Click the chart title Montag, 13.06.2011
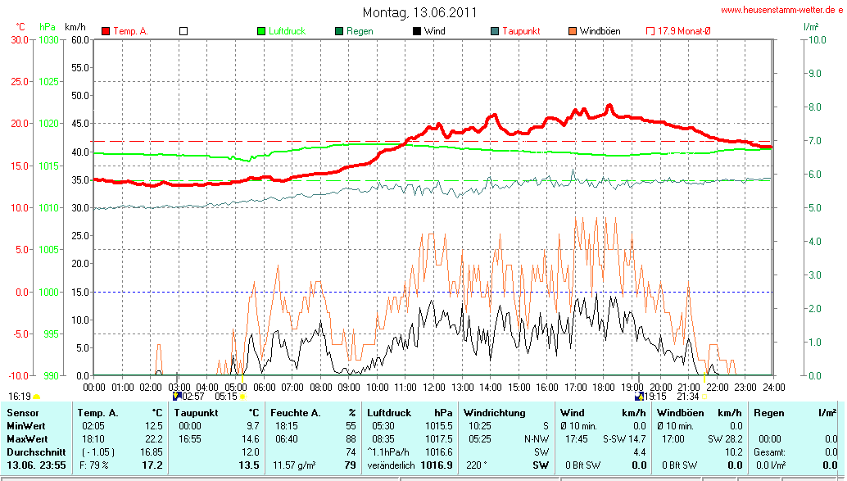(419, 13)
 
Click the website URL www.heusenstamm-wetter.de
(781, 11)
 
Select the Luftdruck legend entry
(287, 31)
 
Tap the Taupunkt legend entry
(521, 31)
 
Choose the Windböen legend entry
(600, 31)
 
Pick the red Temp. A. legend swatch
(106, 31)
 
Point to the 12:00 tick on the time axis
(433, 386)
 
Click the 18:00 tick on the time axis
(604, 386)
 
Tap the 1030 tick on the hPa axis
(49, 39)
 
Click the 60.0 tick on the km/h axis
(79, 39)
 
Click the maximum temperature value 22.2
(153, 439)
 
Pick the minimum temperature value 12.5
(153, 426)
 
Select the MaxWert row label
(27, 439)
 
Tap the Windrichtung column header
(494, 413)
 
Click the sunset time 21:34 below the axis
(688, 397)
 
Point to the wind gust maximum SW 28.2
(727, 439)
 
